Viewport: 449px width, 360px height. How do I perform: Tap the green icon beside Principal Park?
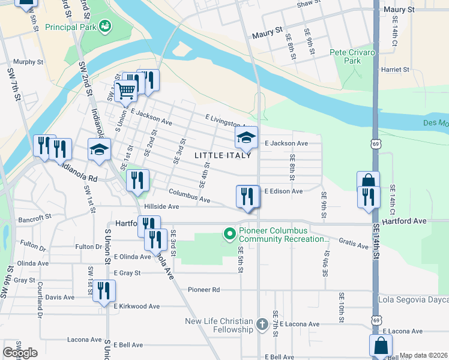click(x=106, y=26)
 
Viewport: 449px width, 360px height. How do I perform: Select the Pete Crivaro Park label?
click(x=353, y=57)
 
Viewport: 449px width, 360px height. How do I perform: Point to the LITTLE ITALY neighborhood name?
click(x=218, y=155)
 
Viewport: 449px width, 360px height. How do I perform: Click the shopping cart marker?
click(x=125, y=91)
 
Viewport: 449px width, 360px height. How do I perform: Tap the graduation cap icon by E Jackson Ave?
click(x=246, y=138)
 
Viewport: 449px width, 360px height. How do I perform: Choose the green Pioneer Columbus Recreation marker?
click(x=229, y=235)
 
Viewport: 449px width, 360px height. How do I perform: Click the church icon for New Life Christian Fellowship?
click(x=262, y=325)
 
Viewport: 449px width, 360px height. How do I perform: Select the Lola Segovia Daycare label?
click(x=413, y=299)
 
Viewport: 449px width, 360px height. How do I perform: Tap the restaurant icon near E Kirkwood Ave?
click(x=104, y=292)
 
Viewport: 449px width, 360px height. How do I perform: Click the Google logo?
click(x=20, y=353)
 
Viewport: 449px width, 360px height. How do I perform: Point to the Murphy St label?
click(x=29, y=62)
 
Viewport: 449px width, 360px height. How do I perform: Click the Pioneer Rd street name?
click(x=203, y=289)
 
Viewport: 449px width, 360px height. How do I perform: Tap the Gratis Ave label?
click(x=354, y=245)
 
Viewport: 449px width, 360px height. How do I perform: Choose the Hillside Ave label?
click(x=161, y=206)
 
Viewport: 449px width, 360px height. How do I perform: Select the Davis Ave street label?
click(x=60, y=297)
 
